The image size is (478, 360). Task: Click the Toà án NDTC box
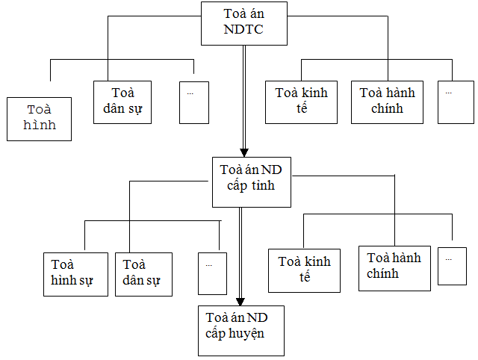[244, 22]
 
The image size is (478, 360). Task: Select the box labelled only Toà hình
[40, 118]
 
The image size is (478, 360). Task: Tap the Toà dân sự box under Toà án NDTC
[122, 102]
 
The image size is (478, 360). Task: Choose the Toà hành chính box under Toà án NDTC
[388, 102]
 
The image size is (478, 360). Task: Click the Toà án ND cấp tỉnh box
[250, 181]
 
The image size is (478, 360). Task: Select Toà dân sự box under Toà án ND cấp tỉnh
[143, 274]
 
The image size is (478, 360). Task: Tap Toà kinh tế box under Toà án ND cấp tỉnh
[304, 270]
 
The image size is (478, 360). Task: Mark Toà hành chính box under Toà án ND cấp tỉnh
[394, 267]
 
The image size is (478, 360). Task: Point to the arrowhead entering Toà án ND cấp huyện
[240, 298]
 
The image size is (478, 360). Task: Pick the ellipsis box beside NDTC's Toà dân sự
[194, 102]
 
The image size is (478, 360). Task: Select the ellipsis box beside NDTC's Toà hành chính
[456, 102]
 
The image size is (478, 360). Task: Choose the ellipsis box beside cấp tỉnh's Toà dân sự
[212, 274]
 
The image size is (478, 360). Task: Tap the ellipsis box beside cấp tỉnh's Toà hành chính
[452, 264]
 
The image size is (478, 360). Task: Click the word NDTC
[243, 29]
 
